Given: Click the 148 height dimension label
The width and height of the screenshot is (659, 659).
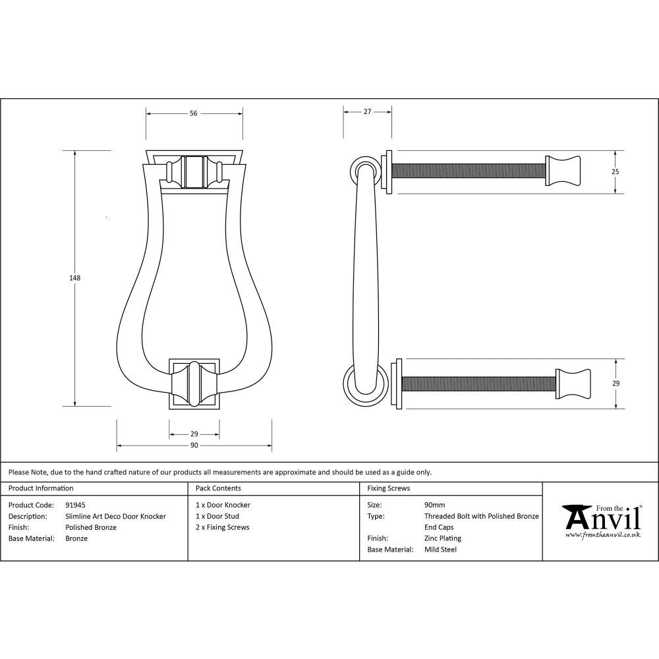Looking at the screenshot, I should (x=75, y=278).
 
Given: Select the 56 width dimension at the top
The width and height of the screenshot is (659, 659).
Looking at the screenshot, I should (x=194, y=113).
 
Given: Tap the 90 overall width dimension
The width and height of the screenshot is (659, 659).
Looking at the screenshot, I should (x=194, y=446).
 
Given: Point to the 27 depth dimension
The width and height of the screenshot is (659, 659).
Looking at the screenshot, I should (x=367, y=112).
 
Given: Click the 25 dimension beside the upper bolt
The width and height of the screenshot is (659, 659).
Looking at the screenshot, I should (x=615, y=171).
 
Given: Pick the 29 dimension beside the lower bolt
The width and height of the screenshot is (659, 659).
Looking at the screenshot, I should (x=615, y=383).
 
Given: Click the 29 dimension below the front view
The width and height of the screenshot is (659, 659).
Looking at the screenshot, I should (x=194, y=434).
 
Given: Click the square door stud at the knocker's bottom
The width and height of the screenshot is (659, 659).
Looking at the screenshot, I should (x=194, y=384).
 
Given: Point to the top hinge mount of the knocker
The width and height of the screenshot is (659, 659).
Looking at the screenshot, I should (x=194, y=171).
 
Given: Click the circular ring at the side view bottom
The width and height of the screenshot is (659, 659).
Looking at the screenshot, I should (x=362, y=384).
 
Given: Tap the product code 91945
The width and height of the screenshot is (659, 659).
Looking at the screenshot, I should (x=76, y=505).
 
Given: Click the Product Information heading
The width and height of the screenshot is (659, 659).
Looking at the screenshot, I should (x=41, y=488).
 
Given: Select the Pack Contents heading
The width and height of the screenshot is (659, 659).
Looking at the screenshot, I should (x=218, y=488).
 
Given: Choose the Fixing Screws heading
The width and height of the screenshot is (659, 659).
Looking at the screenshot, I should (x=389, y=488).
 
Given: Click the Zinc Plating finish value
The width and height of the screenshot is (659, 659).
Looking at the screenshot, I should (x=442, y=538).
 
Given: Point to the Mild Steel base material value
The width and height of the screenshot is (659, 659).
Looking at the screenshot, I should (x=440, y=550).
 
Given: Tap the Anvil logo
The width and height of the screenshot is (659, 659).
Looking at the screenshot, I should (x=601, y=521).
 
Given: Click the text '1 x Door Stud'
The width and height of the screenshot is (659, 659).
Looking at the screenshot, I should (x=217, y=517).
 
